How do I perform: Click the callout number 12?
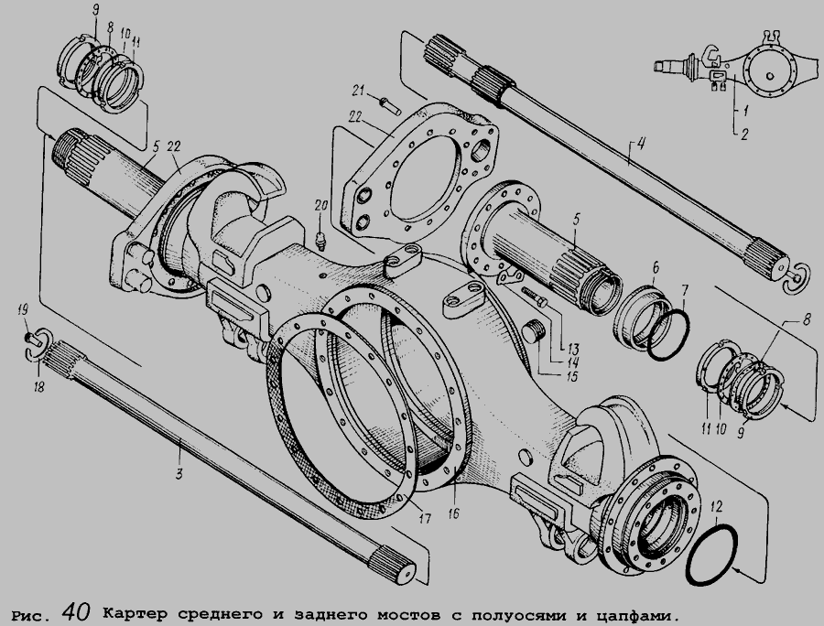(x=716, y=507)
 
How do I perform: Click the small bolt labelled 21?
(x=390, y=106)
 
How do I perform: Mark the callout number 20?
(x=321, y=205)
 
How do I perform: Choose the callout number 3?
(x=179, y=474)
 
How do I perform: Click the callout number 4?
(x=641, y=143)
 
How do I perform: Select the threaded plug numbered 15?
(x=536, y=332)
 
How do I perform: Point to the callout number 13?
(x=572, y=349)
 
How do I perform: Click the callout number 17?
(x=425, y=519)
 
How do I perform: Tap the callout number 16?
(x=454, y=513)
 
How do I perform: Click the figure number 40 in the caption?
(x=76, y=610)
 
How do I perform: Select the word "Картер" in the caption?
(x=135, y=613)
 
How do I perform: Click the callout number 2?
(x=744, y=134)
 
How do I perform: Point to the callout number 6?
(x=656, y=268)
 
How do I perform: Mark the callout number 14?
(x=572, y=362)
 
